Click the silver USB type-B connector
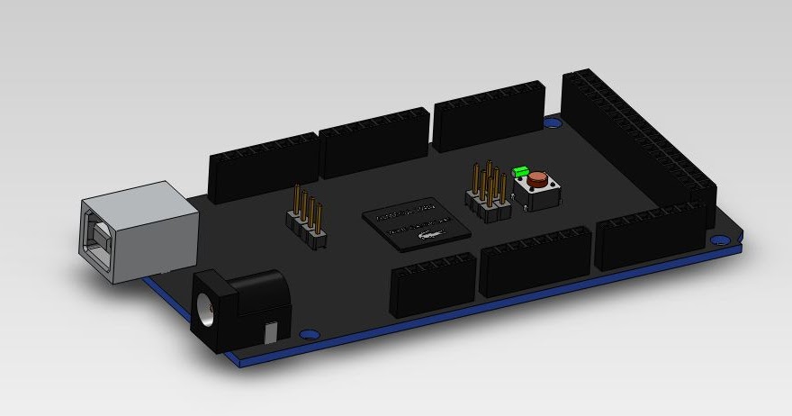139,230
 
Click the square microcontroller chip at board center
417,224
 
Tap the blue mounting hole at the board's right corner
719,240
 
